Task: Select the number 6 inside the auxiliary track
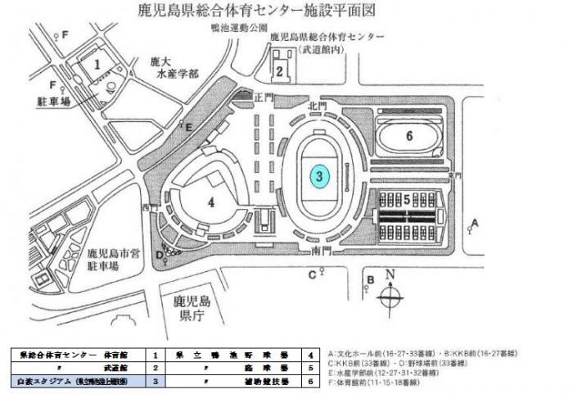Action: point(409,137)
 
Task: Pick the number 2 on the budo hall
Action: point(280,71)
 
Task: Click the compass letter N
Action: point(391,274)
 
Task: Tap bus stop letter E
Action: point(189,127)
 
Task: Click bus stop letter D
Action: point(159,254)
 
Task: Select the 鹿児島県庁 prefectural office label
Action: point(199,310)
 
